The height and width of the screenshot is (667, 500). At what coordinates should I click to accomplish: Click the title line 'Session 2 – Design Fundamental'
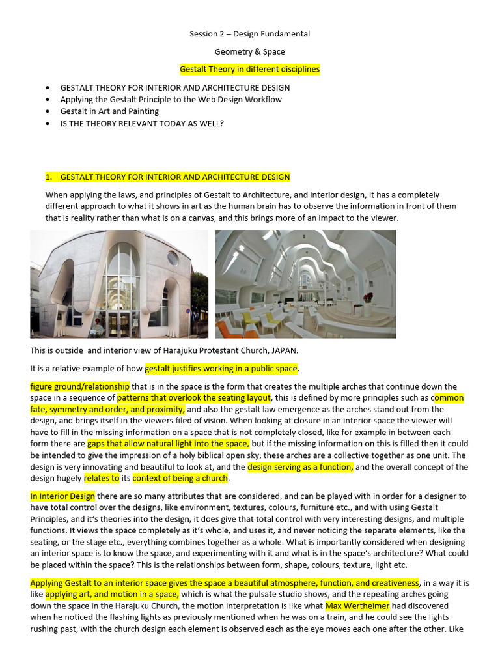[x=249, y=34]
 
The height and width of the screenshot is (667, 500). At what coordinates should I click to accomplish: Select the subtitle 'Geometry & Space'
[x=249, y=51]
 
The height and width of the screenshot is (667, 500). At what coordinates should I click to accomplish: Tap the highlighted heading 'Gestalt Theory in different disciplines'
[x=249, y=69]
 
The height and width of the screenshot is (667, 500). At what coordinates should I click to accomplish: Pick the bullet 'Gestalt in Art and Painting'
[x=109, y=111]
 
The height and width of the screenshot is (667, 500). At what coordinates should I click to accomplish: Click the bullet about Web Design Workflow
[x=171, y=100]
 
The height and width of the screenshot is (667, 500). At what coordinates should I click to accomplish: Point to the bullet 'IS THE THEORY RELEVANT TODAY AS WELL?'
[x=142, y=123]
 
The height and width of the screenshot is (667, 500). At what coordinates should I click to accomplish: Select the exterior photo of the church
[x=119, y=284]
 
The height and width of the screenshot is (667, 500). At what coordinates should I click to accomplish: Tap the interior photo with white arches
[x=305, y=284]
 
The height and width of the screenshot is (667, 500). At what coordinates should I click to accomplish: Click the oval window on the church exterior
[x=173, y=259]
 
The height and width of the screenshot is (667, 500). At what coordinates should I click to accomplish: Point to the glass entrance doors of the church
[x=119, y=322]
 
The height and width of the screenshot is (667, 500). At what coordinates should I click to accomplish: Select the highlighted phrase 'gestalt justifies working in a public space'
[x=221, y=369]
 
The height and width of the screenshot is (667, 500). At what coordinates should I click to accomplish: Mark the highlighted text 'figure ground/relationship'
[x=80, y=386]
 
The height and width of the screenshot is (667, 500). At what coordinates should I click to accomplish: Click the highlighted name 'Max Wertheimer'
[x=357, y=606]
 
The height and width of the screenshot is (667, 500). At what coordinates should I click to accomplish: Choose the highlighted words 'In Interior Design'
[x=62, y=496]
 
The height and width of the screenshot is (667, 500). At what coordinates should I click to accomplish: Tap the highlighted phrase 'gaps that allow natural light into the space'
[x=168, y=444]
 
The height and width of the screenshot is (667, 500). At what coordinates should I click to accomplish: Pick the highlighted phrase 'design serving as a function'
[x=300, y=467]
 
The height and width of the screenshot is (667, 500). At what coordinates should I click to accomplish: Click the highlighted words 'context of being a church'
[x=180, y=479]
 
